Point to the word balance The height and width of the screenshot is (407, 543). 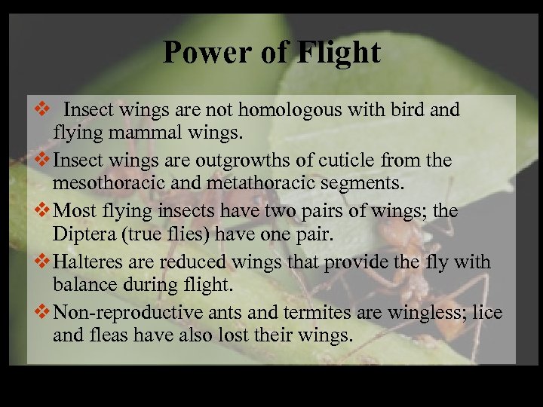[x=87, y=285]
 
